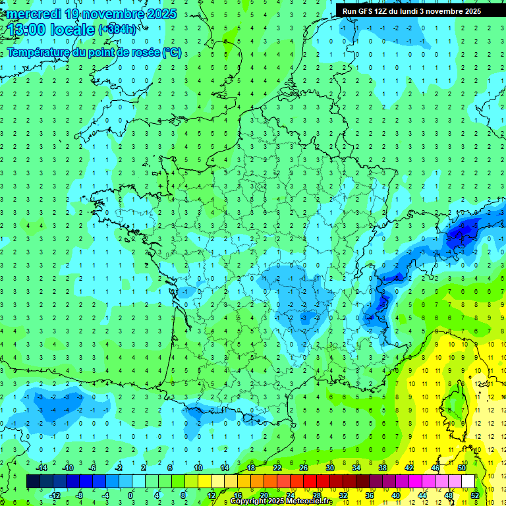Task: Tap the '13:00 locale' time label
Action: pyautogui.click(x=51, y=30)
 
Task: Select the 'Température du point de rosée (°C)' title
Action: pyautogui.click(x=94, y=52)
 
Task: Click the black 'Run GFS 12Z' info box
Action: pyautogui.click(x=411, y=11)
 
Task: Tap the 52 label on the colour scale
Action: pyautogui.click(x=475, y=495)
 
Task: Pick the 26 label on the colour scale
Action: pyautogui.click(x=303, y=467)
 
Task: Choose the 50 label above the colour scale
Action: pyautogui.click(x=461, y=467)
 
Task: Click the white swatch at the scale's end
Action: pyautogui.click(x=468, y=481)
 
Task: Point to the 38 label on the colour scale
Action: pyautogui.click(x=382, y=467)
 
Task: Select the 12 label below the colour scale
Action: pyautogui.click(x=211, y=495)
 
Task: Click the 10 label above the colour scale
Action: pyautogui.click(x=198, y=467)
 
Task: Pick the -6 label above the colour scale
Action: pyautogui.click(x=92, y=467)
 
